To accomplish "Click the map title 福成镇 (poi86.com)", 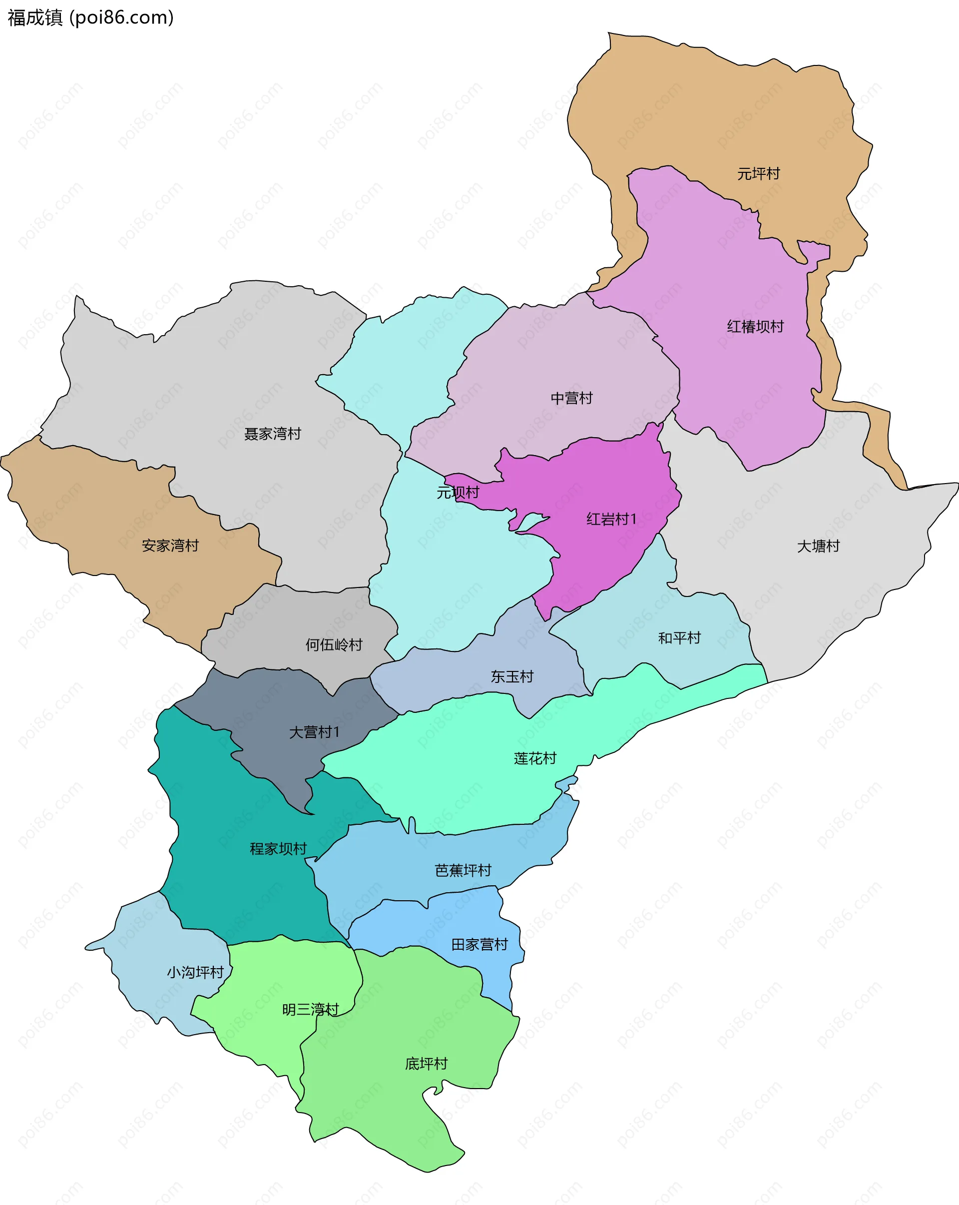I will (x=90, y=18).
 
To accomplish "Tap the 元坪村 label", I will (x=758, y=174).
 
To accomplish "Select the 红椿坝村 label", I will (x=755, y=326).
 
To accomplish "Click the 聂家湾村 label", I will (x=272, y=434).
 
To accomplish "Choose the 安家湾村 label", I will (x=170, y=546).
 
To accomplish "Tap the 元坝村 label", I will (x=458, y=493).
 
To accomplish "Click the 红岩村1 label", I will (x=611, y=519).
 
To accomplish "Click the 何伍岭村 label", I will (x=334, y=645).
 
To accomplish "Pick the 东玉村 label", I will (x=512, y=677).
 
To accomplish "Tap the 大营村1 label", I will (x=314, y=732).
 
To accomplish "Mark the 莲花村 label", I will (x=535, y=758).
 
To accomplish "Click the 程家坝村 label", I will (x=278, y=849).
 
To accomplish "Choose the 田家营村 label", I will (x=479, y=945).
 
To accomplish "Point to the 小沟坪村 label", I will (x=195, y=973).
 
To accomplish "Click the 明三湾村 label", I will (x=310, y=1009).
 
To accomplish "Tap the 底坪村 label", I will (x=426, y=1064).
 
